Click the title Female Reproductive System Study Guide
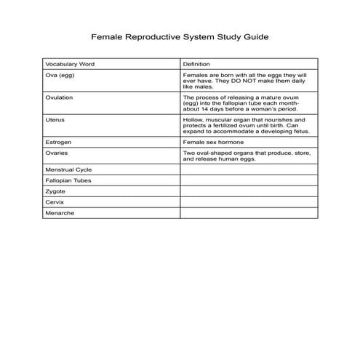tap(180, 35)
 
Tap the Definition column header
tap(197, 64)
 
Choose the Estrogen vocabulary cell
tap(58, 143)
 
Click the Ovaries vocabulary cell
tap(57, 153)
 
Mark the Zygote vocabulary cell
tap(56, 191)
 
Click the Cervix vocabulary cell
tap(55, 202)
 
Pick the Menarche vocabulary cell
tap(60, 213)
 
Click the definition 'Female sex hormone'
tap(213, 143)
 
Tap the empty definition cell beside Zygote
tap(249, 191)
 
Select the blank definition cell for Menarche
tap(249, 213)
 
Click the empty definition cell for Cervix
tap(249, 202)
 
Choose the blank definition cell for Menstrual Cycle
tap(249, 169)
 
